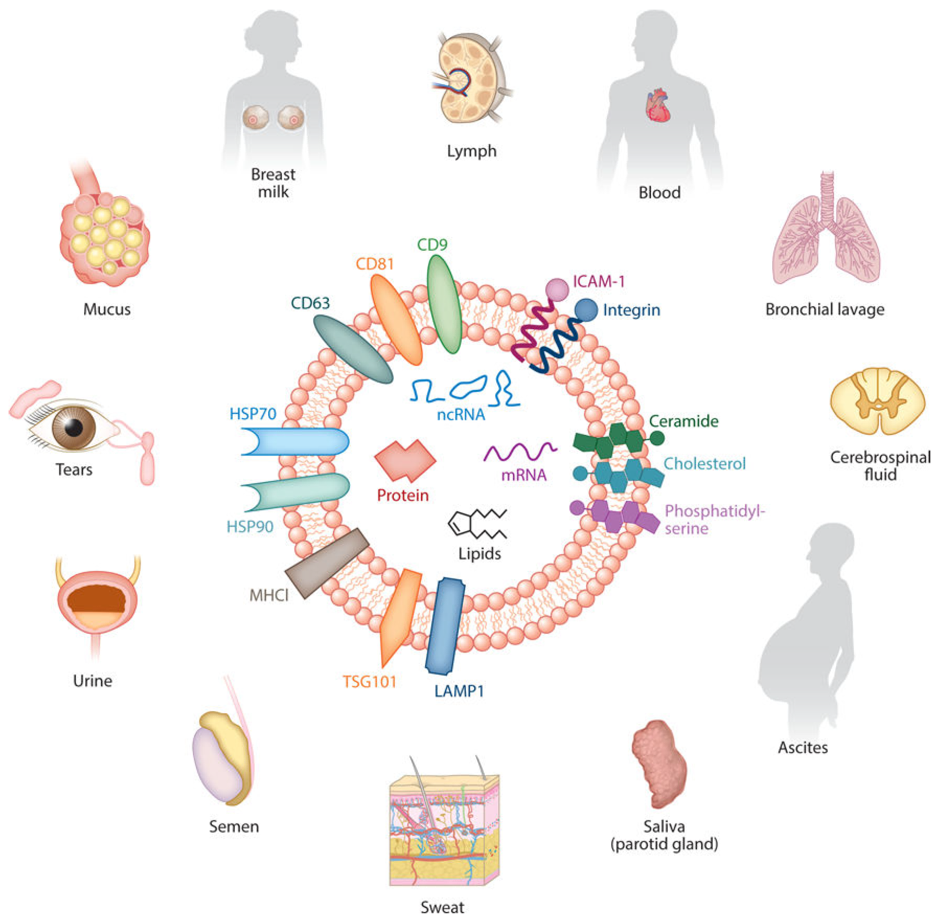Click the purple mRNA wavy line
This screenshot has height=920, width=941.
pos(520,452)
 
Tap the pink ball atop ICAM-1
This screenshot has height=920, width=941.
pos(557,290)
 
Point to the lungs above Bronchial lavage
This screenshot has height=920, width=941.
pos(826,237)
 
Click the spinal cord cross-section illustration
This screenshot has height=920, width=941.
pos(877,400)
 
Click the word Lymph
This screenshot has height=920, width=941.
pos(471,151)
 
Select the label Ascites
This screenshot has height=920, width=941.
pos(803,748)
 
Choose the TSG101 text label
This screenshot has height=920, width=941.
pos(369,682)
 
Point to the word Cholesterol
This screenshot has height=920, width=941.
pos(705,463)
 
